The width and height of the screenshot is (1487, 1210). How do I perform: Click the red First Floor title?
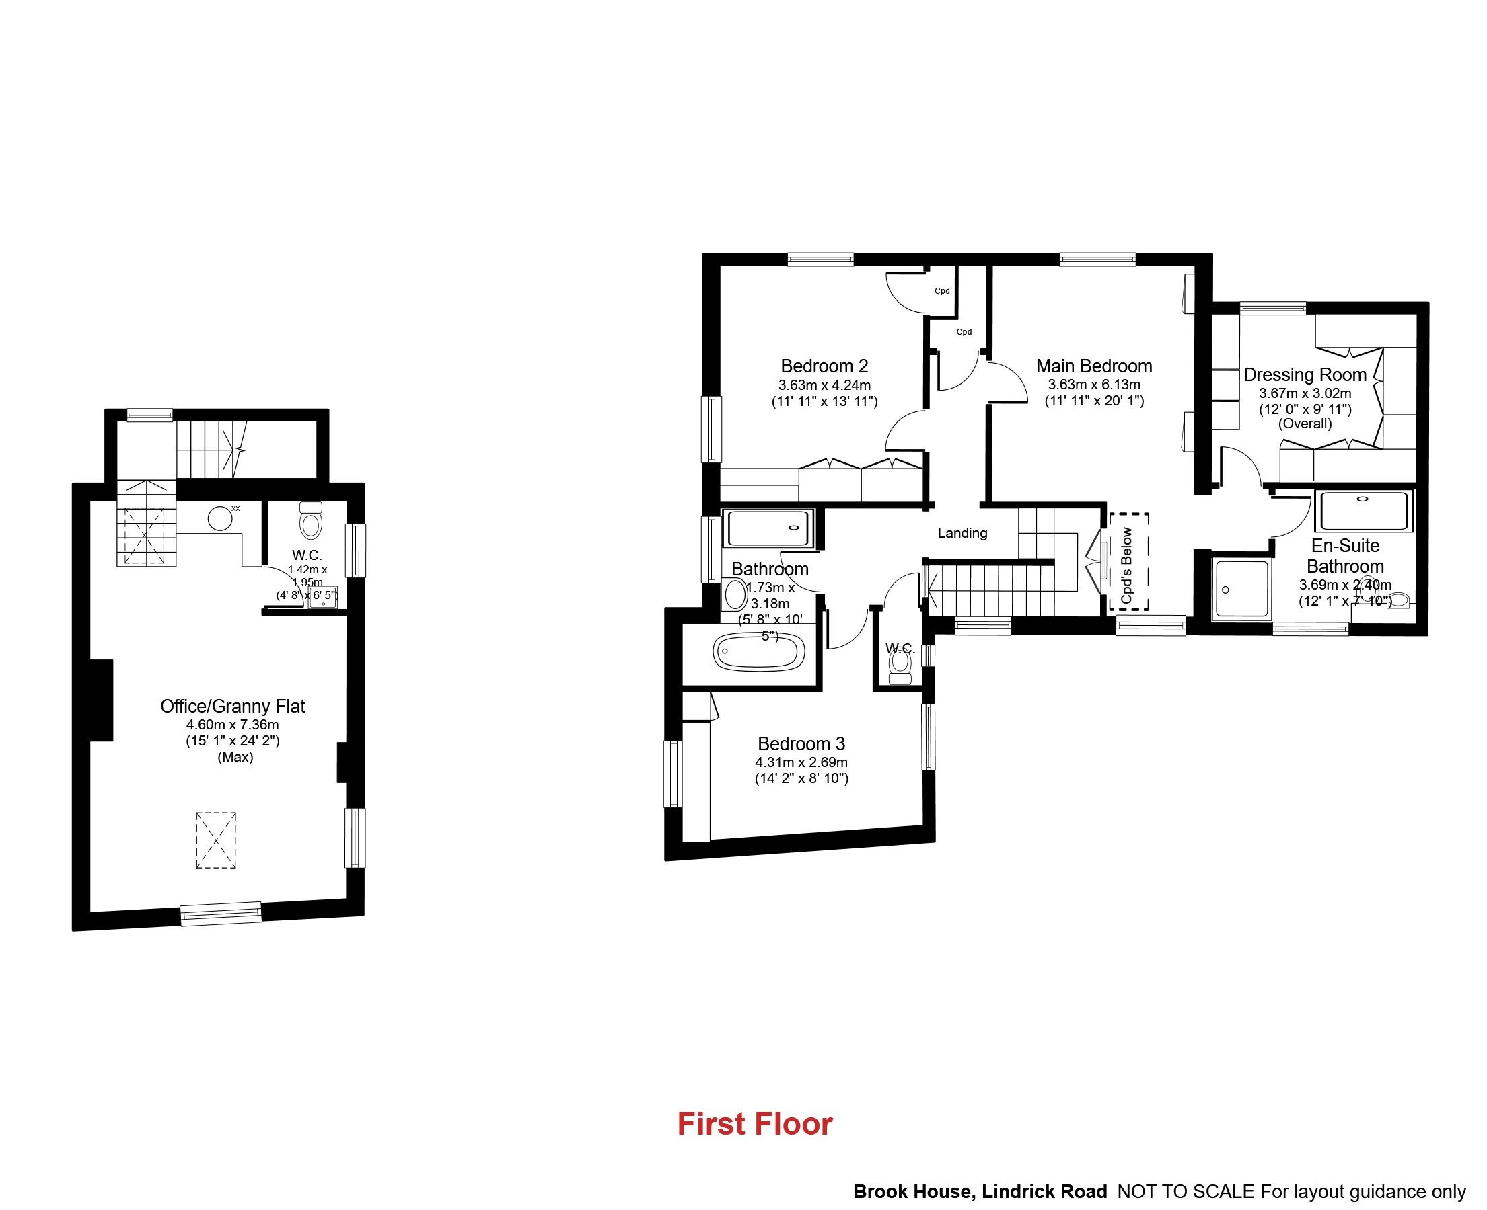pos(755,1124)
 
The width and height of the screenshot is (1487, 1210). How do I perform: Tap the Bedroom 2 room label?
pos(824,366)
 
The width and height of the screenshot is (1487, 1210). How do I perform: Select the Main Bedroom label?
pos(1093,366)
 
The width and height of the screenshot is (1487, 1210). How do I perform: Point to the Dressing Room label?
pos(1304,375)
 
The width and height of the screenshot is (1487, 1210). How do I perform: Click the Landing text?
pos(962,533)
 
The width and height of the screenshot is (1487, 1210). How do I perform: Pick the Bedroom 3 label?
pos(801,743)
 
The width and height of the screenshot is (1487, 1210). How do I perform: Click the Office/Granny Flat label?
pos(232,706)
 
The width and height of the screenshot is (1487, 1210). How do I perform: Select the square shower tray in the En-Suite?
pos(1241,589)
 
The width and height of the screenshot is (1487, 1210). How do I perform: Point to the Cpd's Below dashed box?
pos(1128,561)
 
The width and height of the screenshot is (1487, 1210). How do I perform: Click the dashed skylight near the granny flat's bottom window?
pos(216,840)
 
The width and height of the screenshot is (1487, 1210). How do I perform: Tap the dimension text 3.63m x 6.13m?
pos(1093,385)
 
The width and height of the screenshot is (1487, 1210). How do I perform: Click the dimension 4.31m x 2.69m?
pos(801,762)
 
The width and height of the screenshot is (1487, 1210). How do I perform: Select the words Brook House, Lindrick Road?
pos(980,1192)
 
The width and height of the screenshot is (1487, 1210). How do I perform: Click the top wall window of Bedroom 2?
pos(821,259)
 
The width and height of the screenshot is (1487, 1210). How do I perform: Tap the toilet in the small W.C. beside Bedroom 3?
pos(900,669)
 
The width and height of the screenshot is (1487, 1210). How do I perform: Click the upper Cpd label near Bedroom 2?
pos(941,291)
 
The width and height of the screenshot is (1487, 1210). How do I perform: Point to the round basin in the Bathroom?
pos(735,594)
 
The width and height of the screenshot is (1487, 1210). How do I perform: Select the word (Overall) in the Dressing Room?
pos(1304,424)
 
